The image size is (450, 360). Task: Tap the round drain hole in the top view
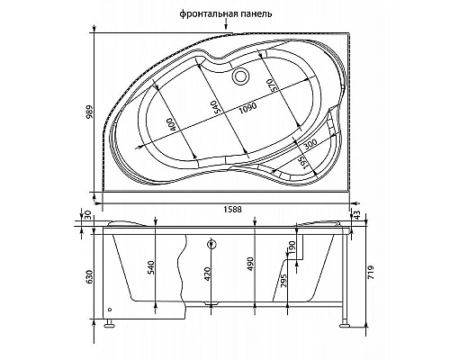[x=241, y=76]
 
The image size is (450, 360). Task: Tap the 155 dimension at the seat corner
[x=302, y=163]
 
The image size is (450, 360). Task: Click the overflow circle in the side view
[x=212, y=244]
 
